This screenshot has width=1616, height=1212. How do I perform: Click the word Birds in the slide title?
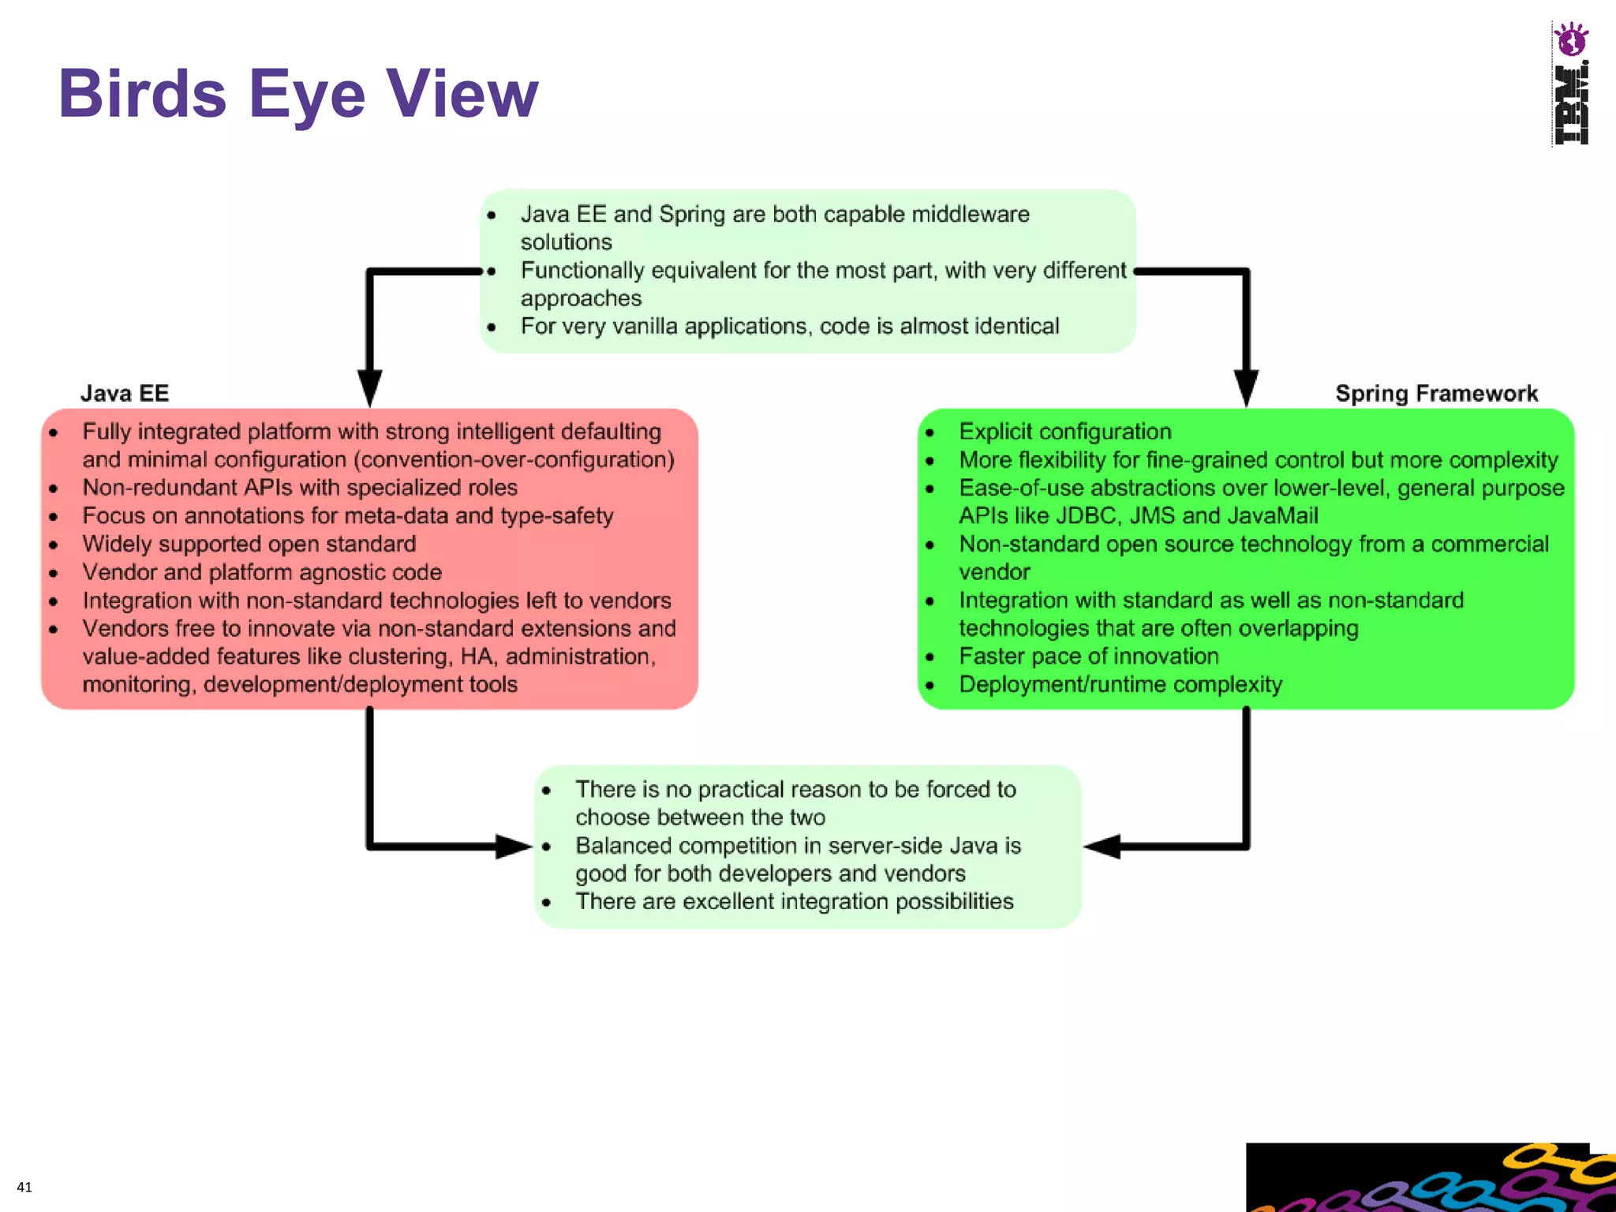142,94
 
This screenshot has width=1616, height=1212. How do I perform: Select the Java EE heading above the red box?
125,393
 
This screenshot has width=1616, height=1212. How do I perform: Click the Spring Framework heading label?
1436,393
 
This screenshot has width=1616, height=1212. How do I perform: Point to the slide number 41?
24,1187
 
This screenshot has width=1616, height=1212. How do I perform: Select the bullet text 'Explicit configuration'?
1064,432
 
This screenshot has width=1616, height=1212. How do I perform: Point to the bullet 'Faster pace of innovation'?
1088,656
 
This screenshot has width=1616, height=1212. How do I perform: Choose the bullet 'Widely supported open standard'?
249,544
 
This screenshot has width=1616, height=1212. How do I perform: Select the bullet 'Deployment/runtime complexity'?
1120,685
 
